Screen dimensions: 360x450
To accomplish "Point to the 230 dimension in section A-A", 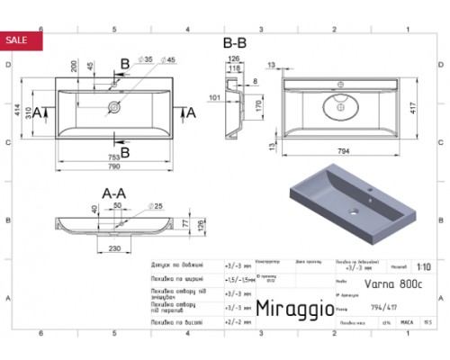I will tap(116, 249).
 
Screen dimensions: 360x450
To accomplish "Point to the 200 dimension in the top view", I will tap(71, 69).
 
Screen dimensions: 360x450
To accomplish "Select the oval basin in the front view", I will tap(339, 106).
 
